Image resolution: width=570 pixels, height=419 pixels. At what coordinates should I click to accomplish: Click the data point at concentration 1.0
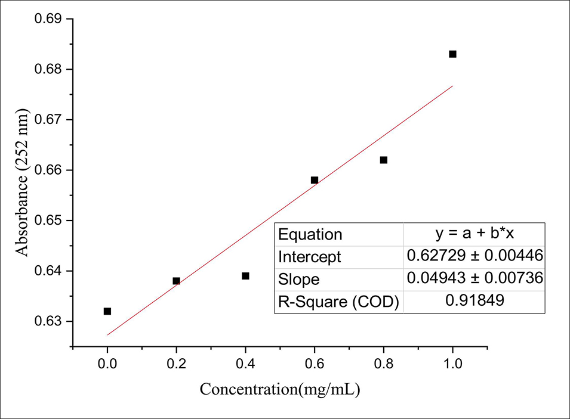coord(452,54)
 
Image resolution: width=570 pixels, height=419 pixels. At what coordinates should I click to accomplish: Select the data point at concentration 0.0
coord(107,311)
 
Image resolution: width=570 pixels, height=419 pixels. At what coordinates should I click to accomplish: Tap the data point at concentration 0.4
coord(245,276)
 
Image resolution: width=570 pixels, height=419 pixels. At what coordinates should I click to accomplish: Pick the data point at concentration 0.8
coord(384,160)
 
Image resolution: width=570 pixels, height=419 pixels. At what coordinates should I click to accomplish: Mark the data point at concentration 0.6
coord(315,180)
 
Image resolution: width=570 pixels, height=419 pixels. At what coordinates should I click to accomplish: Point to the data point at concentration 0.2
coord(176,281)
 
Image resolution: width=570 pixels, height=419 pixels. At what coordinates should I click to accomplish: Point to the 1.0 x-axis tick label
coord(452,363)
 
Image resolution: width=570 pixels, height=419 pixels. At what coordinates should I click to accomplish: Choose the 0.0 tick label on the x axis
coord(107,363)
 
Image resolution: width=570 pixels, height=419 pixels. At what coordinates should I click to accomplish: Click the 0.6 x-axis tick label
coord(315,363)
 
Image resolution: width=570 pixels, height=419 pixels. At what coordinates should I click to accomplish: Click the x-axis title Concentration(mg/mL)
coord(280,390)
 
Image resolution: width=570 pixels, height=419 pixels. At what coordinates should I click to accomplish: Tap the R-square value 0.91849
coord(475,301)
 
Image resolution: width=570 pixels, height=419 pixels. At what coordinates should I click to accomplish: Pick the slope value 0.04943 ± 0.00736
coord(475,279)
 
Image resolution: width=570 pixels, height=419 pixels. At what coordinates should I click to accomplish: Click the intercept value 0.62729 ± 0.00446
coord(475,256)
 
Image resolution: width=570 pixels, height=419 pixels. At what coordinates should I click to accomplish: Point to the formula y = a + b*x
coord(475,234)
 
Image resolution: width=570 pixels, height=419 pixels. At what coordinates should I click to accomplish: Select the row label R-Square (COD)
coord(338,302)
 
